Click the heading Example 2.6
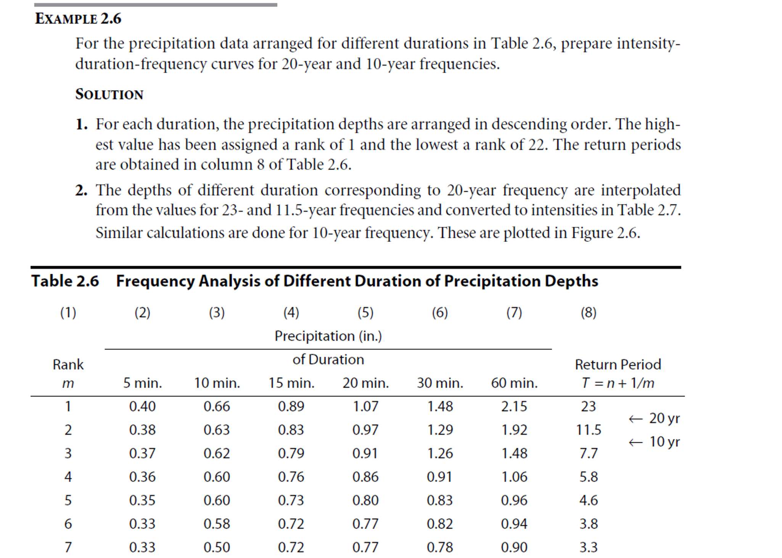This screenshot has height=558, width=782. (78, 19)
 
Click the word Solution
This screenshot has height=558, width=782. (109, 94)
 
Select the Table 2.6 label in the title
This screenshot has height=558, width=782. (65, 281)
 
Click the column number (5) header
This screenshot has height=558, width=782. (365, 313)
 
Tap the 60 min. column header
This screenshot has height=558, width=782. (514, 383)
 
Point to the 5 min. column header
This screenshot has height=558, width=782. (142, 383)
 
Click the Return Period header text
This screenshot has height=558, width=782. (618, 365)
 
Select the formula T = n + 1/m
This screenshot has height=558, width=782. (618, 383)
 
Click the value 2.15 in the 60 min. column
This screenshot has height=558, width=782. (514, 407)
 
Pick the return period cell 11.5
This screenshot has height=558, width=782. (588, 430)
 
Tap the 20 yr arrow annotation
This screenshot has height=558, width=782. (654, 418)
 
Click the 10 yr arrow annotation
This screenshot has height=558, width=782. (654, 442)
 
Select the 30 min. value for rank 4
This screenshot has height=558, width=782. (439, 477)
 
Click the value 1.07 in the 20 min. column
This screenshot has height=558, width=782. (365, 407)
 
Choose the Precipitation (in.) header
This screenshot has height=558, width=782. (328, 336)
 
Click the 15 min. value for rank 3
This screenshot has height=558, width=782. (291, 453)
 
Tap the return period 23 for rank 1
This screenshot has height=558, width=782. (588, 407)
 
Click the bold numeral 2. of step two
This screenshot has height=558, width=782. (81, 190)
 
